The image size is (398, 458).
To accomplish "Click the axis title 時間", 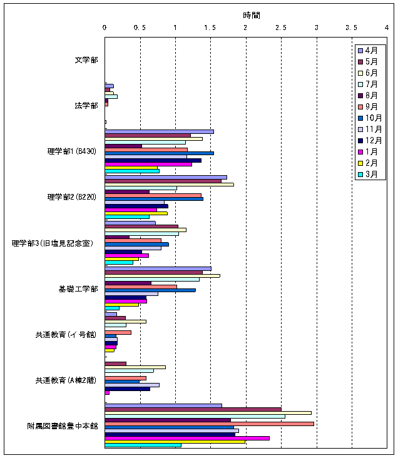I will (x=252, y=14).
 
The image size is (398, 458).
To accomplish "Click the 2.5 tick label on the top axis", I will (x=281, y=27).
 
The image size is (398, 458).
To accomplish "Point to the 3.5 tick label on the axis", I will (x=352, y=27).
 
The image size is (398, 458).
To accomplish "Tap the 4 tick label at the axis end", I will (x=387, y=27).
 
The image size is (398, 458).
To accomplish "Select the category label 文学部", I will (x=86, y=60).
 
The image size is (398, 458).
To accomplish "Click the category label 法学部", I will (x=86, y=105).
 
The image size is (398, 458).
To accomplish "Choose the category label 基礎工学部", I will (x=78, y=288).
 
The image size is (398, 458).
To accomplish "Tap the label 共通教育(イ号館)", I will (x=66, y=335).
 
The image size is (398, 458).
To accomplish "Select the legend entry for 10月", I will (x=371, y=118).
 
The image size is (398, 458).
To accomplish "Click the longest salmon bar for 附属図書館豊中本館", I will (x=209, y=424).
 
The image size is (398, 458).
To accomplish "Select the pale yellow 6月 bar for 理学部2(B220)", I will (x=169, y=185).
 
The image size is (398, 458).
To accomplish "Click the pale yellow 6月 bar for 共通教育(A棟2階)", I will (x=135, y=367).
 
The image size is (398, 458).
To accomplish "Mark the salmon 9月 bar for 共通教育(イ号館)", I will (x=118, y=332).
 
